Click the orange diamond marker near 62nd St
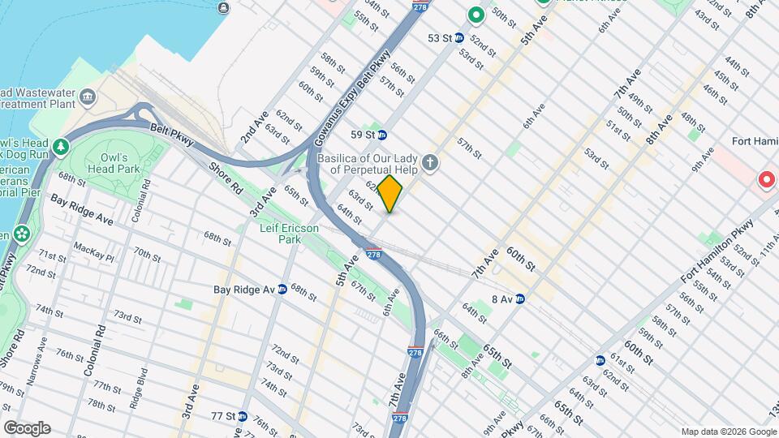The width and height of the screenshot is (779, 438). tap(389, 194)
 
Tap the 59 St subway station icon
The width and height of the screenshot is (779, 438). tap(382, 135)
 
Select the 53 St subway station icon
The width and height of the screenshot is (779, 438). tap(458, 38)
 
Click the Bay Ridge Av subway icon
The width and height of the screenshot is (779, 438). tap(282, 289)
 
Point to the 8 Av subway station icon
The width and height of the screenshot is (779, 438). tap(520, 298)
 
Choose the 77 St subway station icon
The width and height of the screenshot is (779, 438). tap(242, 415)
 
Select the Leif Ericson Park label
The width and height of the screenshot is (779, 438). tap(289, 234)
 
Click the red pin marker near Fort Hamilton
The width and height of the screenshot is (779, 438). tap(765, 179)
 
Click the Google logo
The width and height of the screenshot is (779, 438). tap(27, 427)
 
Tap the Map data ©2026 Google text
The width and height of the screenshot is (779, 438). tap(727, 431)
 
